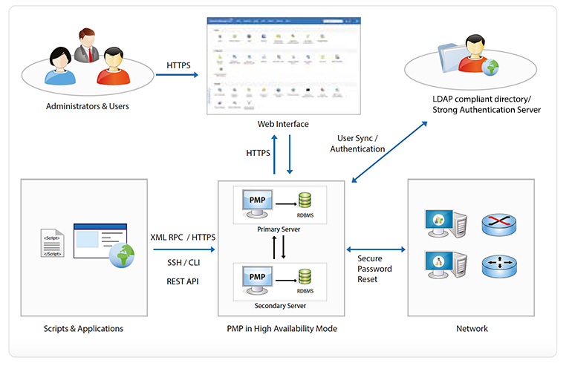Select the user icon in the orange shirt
coord(111,65)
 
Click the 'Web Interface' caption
coord(282,124)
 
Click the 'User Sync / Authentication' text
coord(361,143)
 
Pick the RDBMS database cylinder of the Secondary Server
coord(305,277)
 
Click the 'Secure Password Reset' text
coord(375,269)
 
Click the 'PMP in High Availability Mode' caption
coord(282,328)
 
